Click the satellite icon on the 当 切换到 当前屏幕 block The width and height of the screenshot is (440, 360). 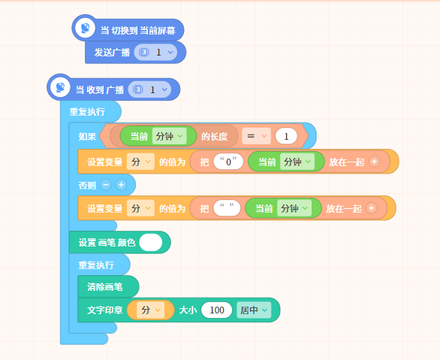tap(86, 28)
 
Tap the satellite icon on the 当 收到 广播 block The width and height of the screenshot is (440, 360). tap(60, 87)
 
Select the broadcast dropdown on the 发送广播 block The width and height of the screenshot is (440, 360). tap(155, 52)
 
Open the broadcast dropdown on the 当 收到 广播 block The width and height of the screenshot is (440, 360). tap(149, 89)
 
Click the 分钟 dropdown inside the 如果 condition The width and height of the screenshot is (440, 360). tap(169, 136)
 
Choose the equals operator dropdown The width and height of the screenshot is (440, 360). tap(256, 136)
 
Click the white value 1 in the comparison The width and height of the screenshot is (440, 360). tap(286, 137)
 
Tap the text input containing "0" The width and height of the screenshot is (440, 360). tap(228, 162)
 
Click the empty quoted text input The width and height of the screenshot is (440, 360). tap(227, 208)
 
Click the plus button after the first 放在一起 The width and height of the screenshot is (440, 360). tap(375, 162)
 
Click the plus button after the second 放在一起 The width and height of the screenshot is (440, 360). tap(372, 208)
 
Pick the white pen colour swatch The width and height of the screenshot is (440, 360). tap(151, 242)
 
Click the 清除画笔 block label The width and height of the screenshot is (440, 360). tap(104, 286)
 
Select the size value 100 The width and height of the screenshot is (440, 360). tap(217, 310)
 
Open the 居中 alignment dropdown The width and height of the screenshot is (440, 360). tap(254, 310)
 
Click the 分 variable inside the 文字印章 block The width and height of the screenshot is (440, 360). tap(150, 310)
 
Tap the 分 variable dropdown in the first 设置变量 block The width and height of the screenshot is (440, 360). tap(140, 162)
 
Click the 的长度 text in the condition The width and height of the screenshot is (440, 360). tap(214, 137)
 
